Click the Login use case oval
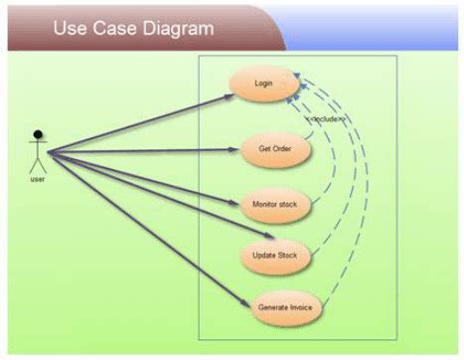coord(263,83)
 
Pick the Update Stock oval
coord(275,256)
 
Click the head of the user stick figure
coord(38,134)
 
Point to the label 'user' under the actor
coord(38,180)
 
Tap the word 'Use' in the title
coord(71,28)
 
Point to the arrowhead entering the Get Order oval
coord(239,150)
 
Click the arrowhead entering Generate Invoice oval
coord(245,302)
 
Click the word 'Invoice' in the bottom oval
coord(299,307)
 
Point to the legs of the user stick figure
coord(38,167)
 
